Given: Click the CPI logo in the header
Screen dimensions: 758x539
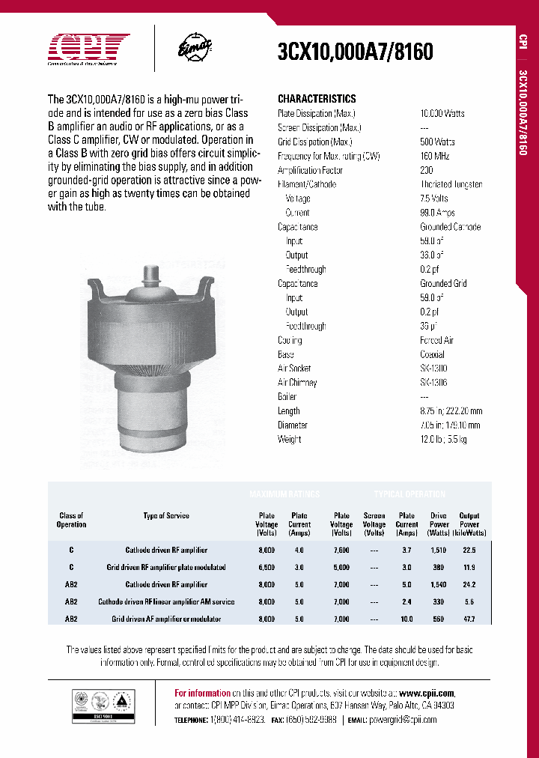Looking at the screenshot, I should (89, 50).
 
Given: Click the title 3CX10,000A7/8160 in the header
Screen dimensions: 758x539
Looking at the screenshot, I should (356, 52).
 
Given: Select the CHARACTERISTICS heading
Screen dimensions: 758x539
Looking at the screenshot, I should (317, 99).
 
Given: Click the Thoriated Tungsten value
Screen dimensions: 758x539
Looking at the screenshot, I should (451, 184).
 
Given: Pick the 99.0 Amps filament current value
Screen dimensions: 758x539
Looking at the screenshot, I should (438, 213).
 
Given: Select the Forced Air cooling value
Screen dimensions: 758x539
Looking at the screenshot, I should (437, 340).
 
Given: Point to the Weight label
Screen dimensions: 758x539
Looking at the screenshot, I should (290, 440).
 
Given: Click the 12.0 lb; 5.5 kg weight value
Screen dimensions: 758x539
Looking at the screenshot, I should (444, 440).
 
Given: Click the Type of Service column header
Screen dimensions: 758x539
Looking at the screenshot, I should (166, 516).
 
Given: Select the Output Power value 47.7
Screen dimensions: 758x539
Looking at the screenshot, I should (469, 619).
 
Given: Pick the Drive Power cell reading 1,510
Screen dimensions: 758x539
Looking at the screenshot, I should (439, 551).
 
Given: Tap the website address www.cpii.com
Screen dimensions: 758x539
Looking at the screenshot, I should (427, 694).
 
